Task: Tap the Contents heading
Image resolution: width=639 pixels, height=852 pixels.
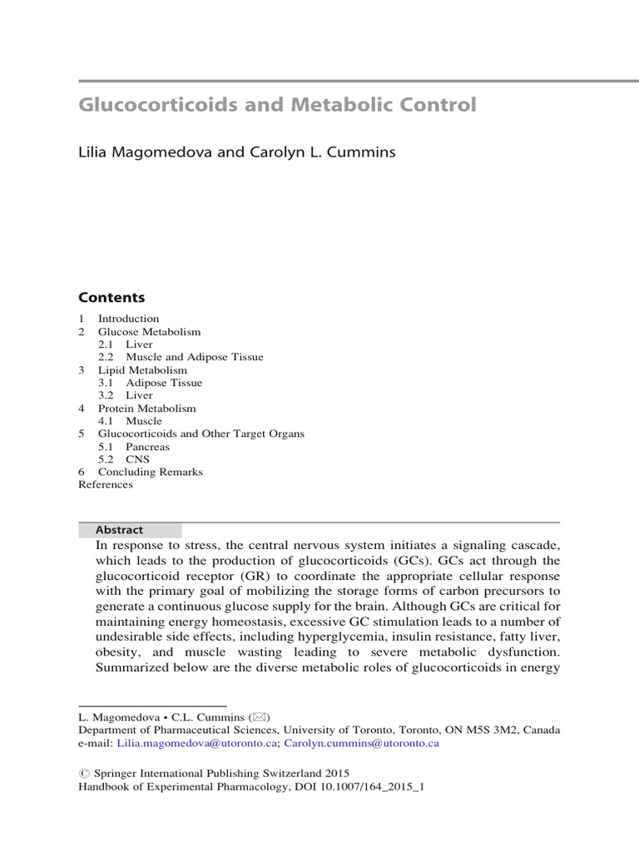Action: [x=111, y=298]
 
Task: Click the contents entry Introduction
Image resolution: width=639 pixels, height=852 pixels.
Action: [x=128, y=319]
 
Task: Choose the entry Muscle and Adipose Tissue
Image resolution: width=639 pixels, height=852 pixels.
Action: [x=194, y=357]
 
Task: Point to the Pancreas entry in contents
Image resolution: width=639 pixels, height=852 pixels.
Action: [x=147, y=447]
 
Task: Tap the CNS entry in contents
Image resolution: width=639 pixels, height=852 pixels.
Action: [x=138, y=459]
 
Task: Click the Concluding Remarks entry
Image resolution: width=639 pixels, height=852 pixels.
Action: [x=150, y=472]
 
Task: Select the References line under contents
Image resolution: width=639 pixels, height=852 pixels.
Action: [x=106, y=484]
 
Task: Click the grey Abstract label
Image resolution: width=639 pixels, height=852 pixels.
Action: [x=120, y=530]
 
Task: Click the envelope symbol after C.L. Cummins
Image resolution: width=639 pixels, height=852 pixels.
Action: [x=261, y=717]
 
